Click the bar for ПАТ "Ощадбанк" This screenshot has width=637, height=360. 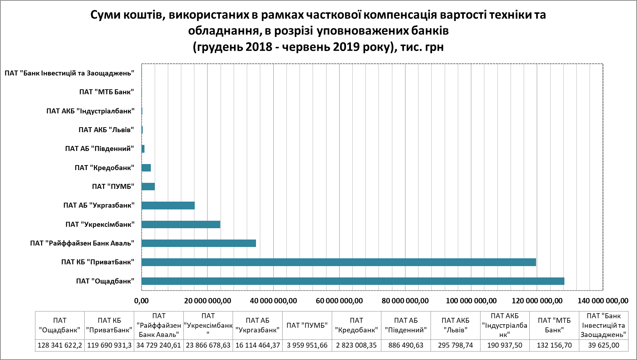click(x=352, y=281)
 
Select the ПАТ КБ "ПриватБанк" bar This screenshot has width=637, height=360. click(x=338, y=262)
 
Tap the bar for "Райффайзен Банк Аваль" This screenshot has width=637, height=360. click(x=198, y=243)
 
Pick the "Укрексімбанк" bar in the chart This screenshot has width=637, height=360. click(x=181, y=225)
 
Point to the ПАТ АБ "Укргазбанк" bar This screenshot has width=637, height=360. click(x=168, y=206)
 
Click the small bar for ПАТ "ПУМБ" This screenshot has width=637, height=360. click(x=148, y=187)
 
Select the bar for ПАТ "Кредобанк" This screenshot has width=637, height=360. click(x=146, y=168)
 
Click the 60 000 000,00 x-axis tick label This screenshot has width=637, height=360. click(x=339, y=301)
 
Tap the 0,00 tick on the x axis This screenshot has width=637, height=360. click(x=141, y=301)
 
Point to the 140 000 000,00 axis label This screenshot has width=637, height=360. click(x=603, y=301)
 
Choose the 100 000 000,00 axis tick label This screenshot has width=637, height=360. click(x=471, y=301)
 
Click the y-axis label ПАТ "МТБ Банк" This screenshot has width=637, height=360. click(x=106, y=92)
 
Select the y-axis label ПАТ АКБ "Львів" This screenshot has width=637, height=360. click(x=106, y=130)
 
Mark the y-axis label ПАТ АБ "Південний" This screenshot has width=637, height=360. click(x=99, y=149)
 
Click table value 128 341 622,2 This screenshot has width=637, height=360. click(x=60, y=345)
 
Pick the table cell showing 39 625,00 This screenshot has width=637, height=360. click(x=603, y=345)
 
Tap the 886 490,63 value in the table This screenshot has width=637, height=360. click(x=406, y=345)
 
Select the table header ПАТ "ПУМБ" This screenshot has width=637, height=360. click(x=307, y=325)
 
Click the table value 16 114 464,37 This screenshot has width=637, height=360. click(x=257, y=345)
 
